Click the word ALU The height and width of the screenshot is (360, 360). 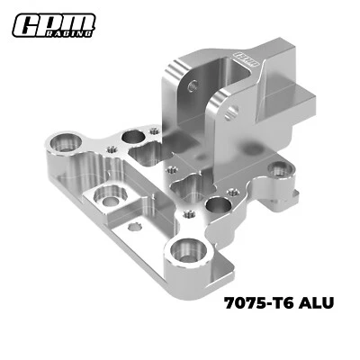(x=316, y=303)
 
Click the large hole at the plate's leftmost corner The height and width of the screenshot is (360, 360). (x=65, y=141)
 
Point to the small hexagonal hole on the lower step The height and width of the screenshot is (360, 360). (x=136, y=225)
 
